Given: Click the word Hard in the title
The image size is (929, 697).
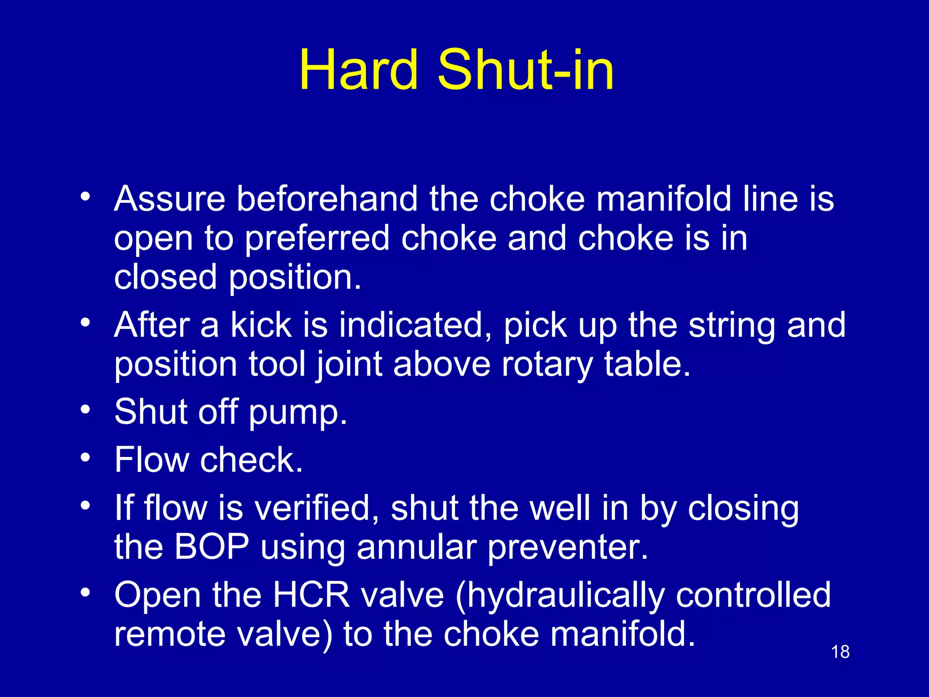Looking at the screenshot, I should [358, 71].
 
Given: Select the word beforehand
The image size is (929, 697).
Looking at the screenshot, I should [327, 199].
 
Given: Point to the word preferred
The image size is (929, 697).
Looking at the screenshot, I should [317, 239].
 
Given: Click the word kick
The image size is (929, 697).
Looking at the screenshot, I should [261, 325].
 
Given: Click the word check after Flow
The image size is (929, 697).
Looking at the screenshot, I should [251, 460].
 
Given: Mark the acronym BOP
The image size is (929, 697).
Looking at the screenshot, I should [211, 547].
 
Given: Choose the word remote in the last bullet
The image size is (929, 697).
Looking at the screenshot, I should [170, 634].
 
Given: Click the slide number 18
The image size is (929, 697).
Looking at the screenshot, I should [840, 652].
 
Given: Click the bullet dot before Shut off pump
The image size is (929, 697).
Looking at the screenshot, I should [85, 410].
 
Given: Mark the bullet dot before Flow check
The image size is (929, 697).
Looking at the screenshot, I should [85, 457].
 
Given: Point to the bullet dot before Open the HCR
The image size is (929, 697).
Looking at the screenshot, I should [85, 593].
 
